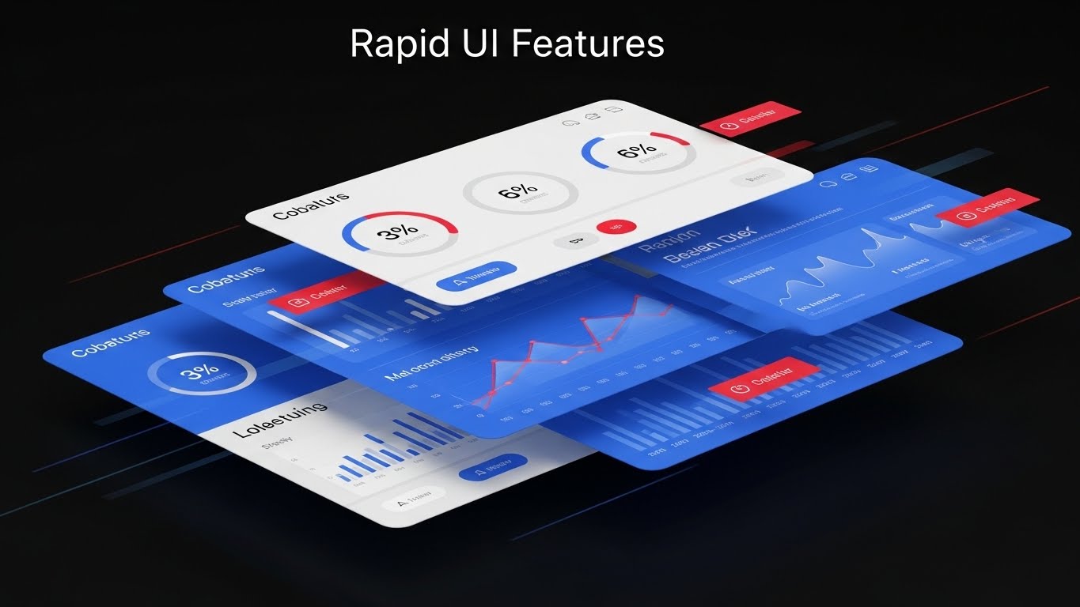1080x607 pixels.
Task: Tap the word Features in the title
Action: tap(588, 44)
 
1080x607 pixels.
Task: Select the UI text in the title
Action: tap(480, 44)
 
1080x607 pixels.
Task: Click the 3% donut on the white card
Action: tap(400, 232)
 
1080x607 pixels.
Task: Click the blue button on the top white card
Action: tap(476, 273)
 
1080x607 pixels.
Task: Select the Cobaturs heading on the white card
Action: tap(310, 205)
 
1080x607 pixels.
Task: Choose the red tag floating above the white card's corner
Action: tap(750, 120)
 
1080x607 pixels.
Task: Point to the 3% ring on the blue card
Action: tap(201, 373)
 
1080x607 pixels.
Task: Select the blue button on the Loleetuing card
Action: tap(492, 468)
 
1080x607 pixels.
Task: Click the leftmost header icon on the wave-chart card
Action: tap(828, 184)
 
